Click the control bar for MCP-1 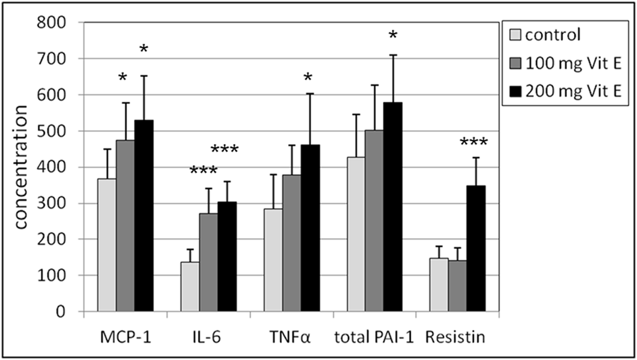(107, 245)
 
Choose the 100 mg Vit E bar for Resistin (457, 286)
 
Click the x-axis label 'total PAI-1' (375, 337)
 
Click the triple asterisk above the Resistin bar (473, 142)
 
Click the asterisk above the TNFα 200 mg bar (308, 78)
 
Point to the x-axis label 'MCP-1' (125, 337)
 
